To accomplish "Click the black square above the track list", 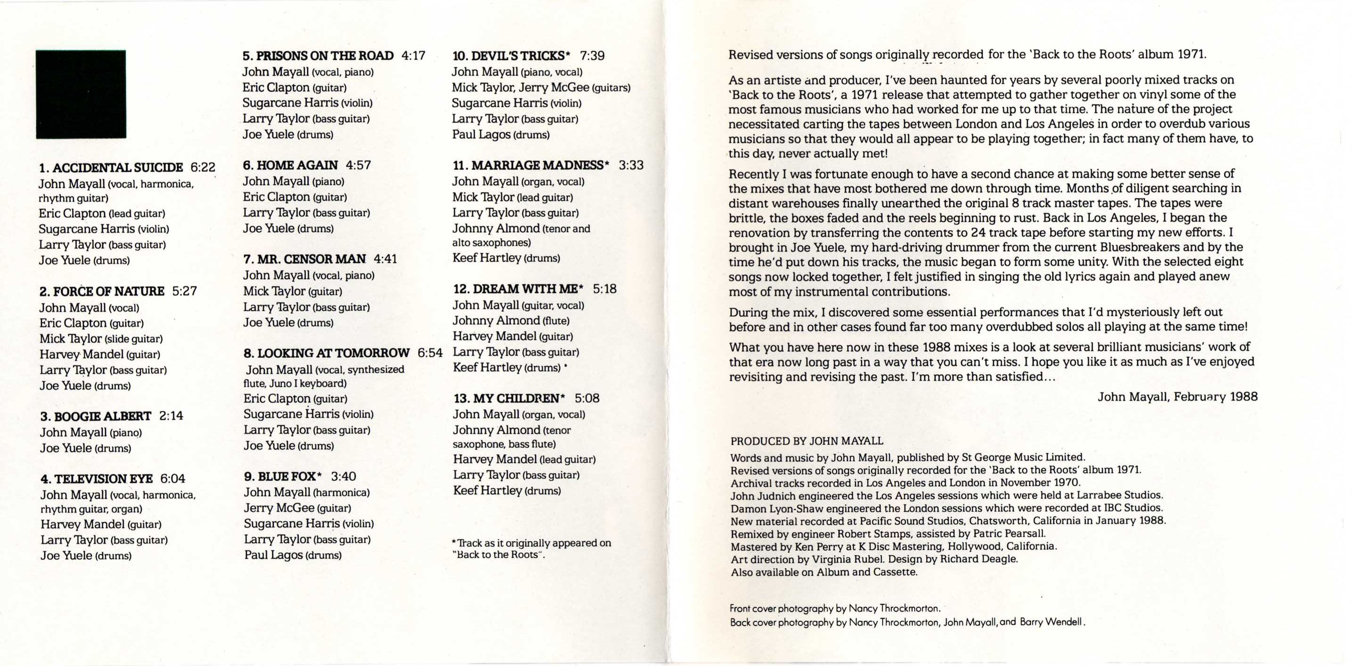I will click(x=81, y=95).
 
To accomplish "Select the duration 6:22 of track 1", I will click(x=203, y=167).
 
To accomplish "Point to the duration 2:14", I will click(x=171, y=416).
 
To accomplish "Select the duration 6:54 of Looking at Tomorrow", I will click(x=431, y=353).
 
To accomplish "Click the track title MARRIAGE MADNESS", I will click(x=538, y=165).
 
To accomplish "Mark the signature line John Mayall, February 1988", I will click(x=1177, y=396).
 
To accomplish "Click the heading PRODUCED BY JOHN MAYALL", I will click(x=806, y=441).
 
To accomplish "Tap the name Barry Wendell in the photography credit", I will click(x=1051, y=623).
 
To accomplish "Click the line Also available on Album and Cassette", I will click(x=824, y=572).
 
